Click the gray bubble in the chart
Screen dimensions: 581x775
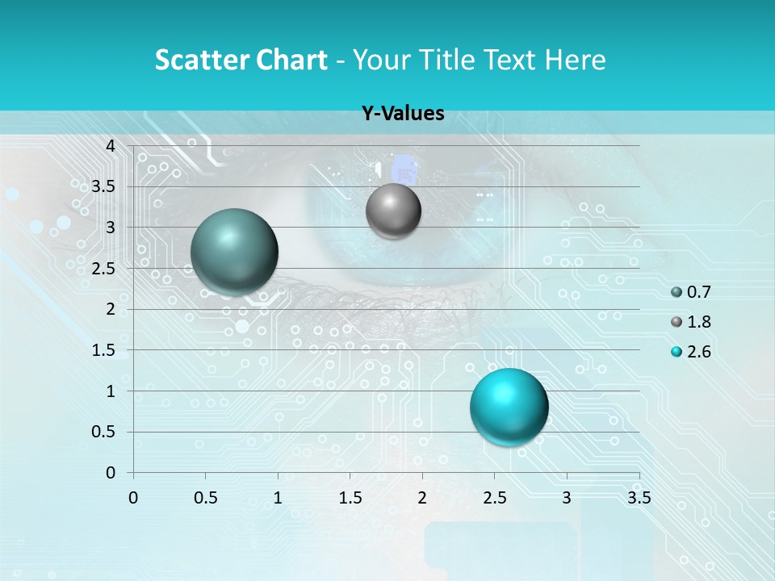[x=393, y=211]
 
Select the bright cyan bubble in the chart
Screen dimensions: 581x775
[x=509, y=406]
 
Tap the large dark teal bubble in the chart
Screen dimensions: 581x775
[x=234, y=251]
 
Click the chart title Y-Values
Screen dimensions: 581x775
[x=403, y=114]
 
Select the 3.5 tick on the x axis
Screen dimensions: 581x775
[x=639, y=498]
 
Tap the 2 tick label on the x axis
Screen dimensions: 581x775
[x=422, y=498]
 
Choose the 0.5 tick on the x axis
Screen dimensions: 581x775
[x=205, y=498]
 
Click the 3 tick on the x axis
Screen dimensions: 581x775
[x=567, y=498]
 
